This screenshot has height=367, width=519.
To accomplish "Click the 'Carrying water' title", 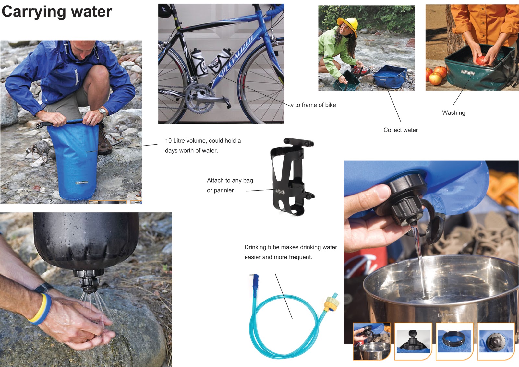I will click(57, 12).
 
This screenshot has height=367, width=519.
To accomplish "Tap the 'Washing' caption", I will click(453, 113).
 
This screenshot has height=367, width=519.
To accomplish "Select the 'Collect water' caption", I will click(401, 130).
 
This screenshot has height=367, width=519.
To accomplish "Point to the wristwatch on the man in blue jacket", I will click(103, 112).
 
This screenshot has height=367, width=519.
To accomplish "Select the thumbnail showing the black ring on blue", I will click(454, 341).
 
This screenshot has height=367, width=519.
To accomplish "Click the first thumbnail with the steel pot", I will click(371, 341).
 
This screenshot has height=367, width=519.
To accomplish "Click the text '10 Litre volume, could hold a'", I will click(203, 141).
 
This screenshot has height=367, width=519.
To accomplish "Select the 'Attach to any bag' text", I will click(230, 180).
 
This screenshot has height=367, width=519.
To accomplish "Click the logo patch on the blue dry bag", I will click(82, 183).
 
